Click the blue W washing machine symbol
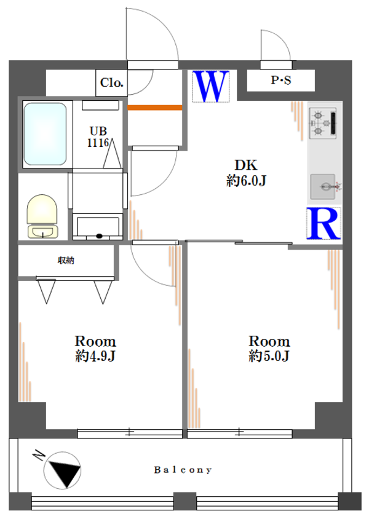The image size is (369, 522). coord(211,86)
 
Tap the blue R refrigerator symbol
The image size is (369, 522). coord(323,223)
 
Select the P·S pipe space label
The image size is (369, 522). coord(280,80)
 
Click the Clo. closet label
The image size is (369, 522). coord(112,82)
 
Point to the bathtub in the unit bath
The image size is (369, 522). coord(45,134)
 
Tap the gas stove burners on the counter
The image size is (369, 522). coord(323,123)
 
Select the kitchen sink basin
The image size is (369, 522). coord(323,186)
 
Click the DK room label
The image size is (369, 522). coord(246,165)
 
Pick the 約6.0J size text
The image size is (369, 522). coord(246,181)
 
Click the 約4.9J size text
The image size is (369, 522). coord(95,356)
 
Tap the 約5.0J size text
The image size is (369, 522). coord(269,356)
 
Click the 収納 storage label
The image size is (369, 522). coord(66,260)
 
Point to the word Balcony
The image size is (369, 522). coord(183,470)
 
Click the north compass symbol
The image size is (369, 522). coord(62,470)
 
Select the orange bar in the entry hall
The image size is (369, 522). coord(155,108)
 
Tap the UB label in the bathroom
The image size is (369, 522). coord(98,131)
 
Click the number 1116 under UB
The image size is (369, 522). coord(98,143)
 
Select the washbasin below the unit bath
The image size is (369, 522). coord(98,227)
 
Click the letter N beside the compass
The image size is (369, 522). coord(39,455)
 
